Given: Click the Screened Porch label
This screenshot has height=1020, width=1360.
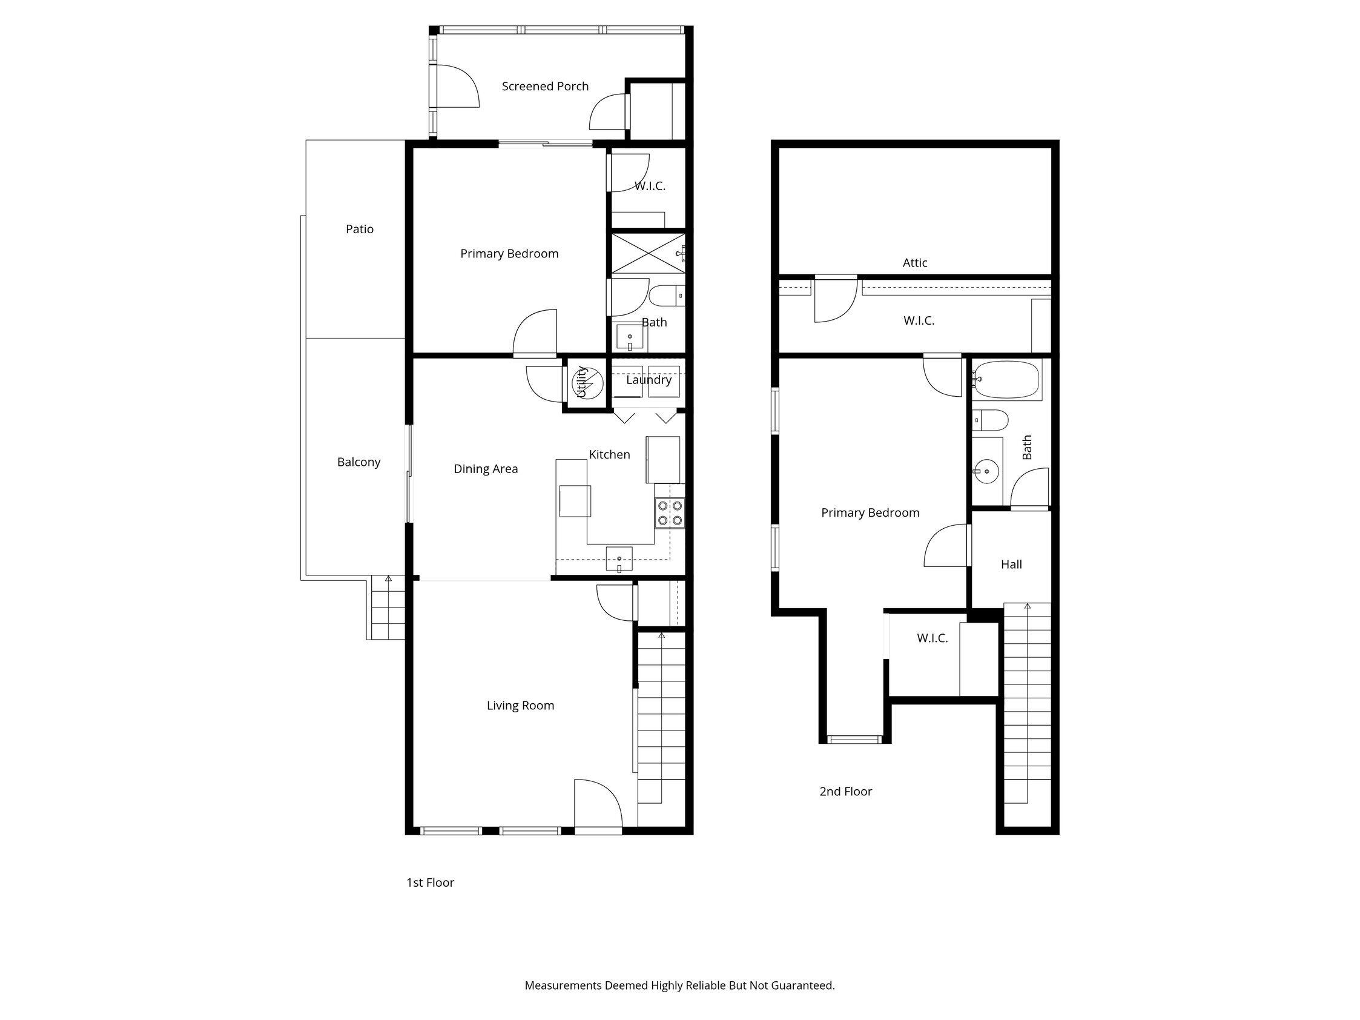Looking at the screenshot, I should [x=545, y=87].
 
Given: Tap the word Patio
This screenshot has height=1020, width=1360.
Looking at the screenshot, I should [x=359, y=230].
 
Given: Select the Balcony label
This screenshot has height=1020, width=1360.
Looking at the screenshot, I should [x=358, y=462].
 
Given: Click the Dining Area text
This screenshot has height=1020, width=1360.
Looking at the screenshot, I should [x=485, y=469].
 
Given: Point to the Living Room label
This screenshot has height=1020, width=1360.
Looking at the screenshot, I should [x=520, y=706].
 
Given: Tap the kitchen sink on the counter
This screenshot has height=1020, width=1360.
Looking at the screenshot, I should [x=619, y=559].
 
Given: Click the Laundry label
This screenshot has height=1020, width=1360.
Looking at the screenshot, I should [x=648, y=380].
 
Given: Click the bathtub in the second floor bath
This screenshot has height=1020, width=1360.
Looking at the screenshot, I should [x=1006, y=379].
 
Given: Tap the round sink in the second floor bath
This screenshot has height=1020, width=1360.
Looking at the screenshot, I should [x=986, y=472].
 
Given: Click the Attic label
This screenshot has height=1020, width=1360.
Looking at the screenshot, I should [x=914, y=263].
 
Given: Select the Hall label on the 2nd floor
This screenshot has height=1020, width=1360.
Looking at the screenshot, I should [x=1011, y=565].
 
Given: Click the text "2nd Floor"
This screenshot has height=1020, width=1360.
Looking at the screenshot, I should [x=845, y=792].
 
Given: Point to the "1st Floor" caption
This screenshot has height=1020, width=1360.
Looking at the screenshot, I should [x=430, y=883].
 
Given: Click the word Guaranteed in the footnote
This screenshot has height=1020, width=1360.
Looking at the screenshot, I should [x=802, y=985].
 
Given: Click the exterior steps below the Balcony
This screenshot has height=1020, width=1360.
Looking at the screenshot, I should [x=388, y=609].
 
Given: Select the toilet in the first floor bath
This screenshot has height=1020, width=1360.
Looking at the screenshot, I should [x=664, y=296].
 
